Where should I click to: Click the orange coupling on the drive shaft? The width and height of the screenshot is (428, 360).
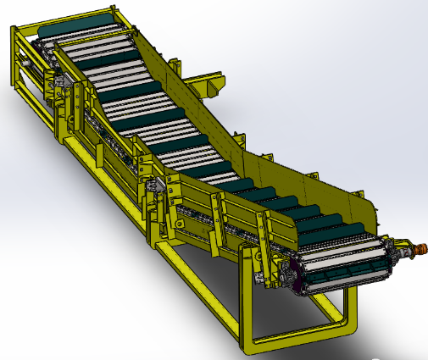pos(416,250)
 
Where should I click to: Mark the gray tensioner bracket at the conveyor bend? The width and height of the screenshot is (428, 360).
pos(153,187)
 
